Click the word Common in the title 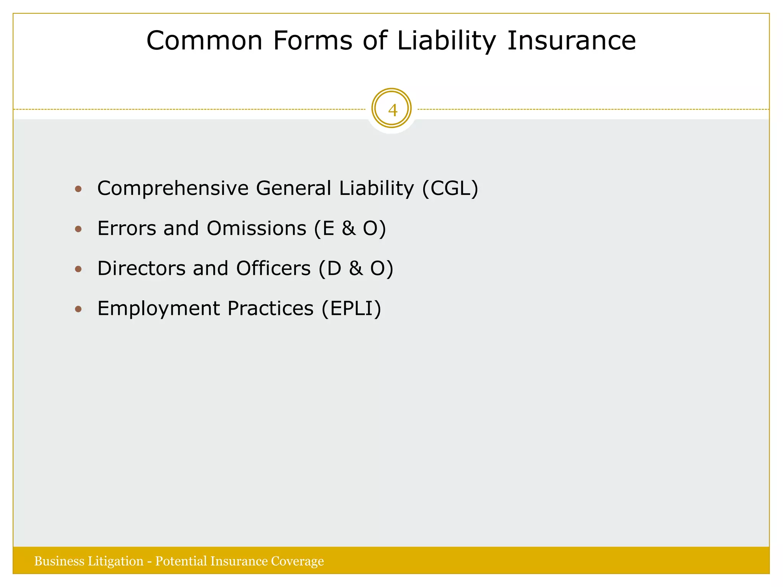click(x=205, y=41)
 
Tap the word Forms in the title click(x=313, y=41)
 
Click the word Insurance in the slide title click(x=572, y=41)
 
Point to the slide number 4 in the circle click(x=392, y=110)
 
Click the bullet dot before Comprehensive click(x=78, y=189)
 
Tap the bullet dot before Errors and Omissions click(x=78, y=229)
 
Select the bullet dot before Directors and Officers click(x=78, y=269)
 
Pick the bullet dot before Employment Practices click(x=78, y=309)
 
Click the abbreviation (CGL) click(x=450, y=188)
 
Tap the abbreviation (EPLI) click(x=351, y=308)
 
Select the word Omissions click(x=257, y=228)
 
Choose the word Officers click(x=273, y=268)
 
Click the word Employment click(x=158, y=308)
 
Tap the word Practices click(x=270, y=308)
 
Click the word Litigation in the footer click(x=115, y=561)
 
